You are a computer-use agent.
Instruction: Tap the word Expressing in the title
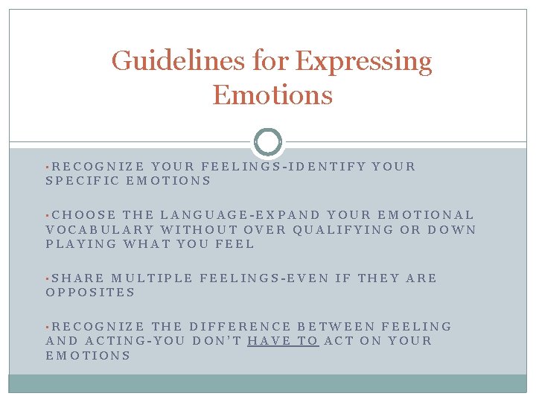click(x=363, y=61)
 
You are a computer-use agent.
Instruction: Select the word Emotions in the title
click(x=272, y=95)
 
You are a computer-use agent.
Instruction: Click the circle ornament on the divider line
click(x=268, y=141)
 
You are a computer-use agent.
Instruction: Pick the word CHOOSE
click(x=84, y=215)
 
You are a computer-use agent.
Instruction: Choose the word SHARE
click(x=78, y=278)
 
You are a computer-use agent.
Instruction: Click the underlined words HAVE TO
click(x=283, y=341)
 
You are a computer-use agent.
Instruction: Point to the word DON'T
click(x=216, y=341)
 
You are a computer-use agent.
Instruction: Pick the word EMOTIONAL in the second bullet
click(x=432, y=215)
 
